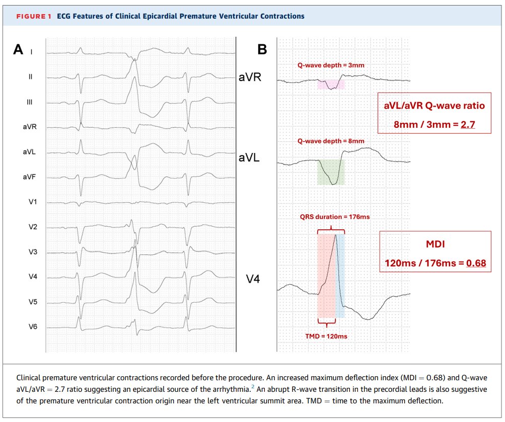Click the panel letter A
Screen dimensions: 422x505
pos(18,49)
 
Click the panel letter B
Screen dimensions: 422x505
pos(262,49)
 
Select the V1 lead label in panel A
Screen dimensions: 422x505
pos(33,202)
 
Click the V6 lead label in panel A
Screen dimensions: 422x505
pos(33,327)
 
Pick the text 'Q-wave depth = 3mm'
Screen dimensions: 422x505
pos(331,65)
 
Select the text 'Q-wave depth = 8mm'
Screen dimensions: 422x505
pos(331,141)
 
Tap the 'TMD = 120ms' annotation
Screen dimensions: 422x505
pos(326,335)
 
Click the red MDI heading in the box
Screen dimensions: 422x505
pos(436,244)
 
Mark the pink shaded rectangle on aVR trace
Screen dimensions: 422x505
pos(331,84)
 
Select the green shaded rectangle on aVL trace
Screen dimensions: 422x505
pos(331,172)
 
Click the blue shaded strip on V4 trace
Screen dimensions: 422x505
pos(340,276)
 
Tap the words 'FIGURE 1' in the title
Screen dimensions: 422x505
pos(34,16)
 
